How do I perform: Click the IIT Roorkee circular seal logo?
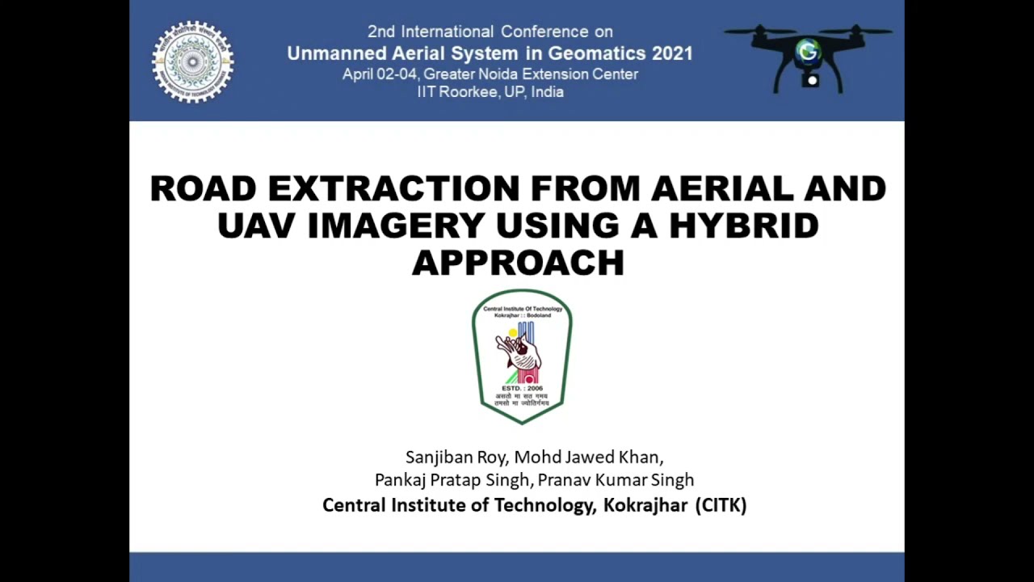pos(192,62)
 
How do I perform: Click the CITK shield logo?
pos(522,356)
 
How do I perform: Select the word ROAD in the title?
pos(203,189)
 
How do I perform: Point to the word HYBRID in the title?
pos(744,226)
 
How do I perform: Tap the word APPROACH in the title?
pos(518,263)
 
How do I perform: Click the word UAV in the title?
pos(257,226)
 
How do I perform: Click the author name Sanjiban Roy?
pos(452,457)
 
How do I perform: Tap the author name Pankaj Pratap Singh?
pos(452,479)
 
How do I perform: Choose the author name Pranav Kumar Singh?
pos(616,479)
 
